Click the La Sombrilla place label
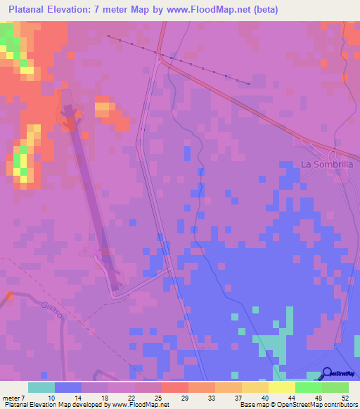[326, 164]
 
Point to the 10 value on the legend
[51, 398]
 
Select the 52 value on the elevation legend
[345, 398]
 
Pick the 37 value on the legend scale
[238, 398]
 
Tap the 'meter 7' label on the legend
[15, 398]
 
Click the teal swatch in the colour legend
[41, 387]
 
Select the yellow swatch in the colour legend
[282, 387]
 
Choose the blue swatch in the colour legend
[68, 387]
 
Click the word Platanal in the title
[30, 10]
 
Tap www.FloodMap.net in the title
[213, 10]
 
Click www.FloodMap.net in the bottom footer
[140, 405]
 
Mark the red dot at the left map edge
[9, 294]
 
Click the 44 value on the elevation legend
[291, 398]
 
